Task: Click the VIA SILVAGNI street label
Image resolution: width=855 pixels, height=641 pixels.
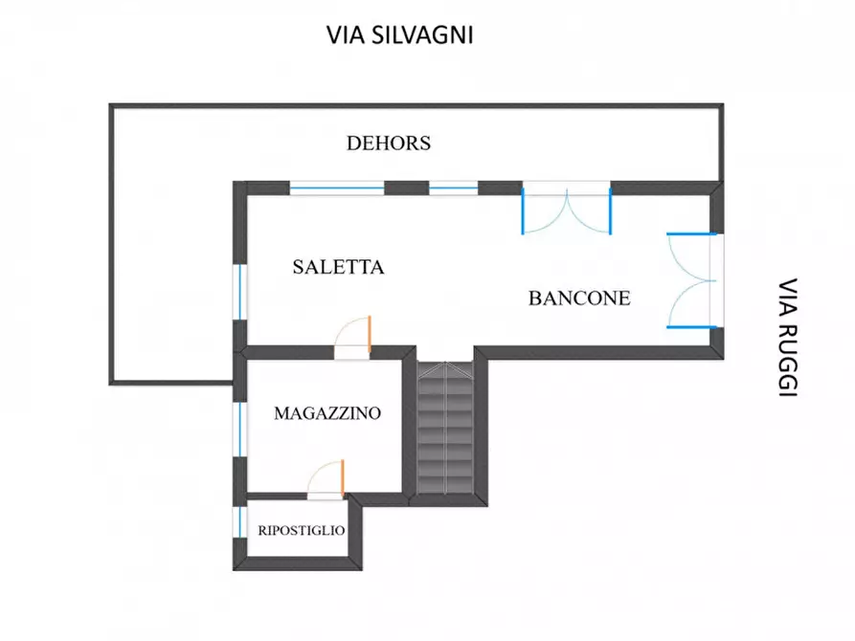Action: point(401,35)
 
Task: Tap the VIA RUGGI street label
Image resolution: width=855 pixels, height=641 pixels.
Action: point(787,338)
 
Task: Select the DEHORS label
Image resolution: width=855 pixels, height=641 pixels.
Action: point(389,144)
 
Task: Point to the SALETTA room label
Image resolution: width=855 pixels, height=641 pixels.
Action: point(338,267)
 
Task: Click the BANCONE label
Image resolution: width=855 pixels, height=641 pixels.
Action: point(579,298)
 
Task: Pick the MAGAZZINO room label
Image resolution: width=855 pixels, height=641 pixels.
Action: point(327,413)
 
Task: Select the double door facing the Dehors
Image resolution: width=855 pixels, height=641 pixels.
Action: point(566,210)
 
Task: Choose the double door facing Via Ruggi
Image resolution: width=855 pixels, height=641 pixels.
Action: point(692,280)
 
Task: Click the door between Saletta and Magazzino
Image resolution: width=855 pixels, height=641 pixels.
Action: point(354,337)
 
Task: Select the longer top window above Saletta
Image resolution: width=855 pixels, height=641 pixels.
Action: point(336,188)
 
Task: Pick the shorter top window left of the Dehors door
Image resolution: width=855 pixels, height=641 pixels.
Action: point(453,188)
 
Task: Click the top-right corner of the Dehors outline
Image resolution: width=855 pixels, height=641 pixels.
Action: point(721,106)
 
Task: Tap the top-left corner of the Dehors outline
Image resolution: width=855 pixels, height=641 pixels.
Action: point(111,106)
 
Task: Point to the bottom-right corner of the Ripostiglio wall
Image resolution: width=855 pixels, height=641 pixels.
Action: point(364,567)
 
